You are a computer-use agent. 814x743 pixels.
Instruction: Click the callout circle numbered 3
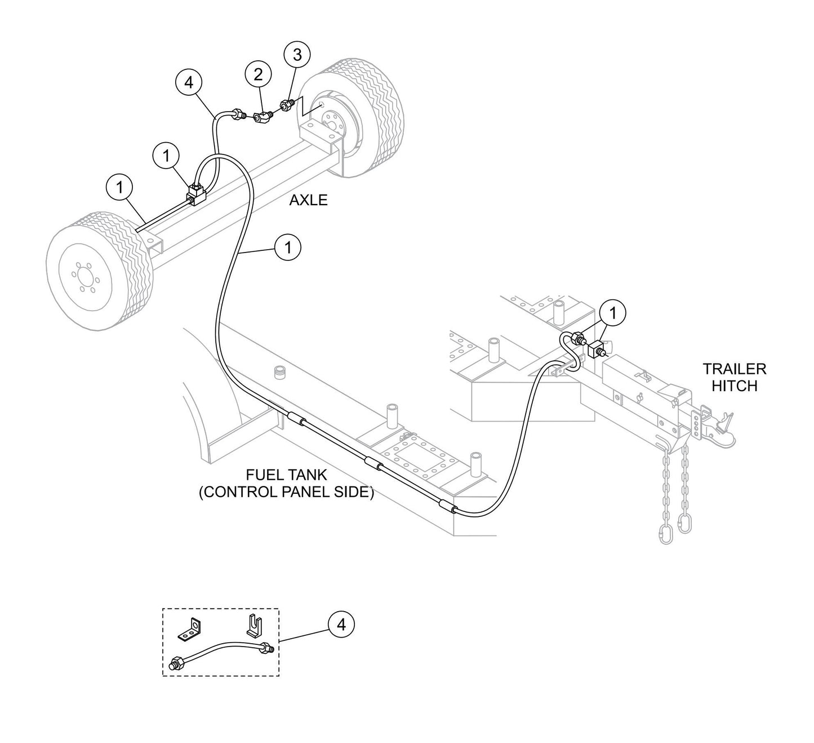tap(297, 55)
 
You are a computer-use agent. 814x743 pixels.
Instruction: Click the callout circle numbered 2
tap(258, 74)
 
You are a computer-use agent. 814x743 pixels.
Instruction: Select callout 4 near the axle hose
tap(189, 82)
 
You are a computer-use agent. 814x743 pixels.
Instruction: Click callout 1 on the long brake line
tap(288, 247)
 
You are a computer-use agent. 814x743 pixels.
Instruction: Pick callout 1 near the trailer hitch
tap(613, 312)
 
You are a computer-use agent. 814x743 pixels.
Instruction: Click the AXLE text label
tap(308, 200)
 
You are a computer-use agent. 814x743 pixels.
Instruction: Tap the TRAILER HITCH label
tap(734, 377)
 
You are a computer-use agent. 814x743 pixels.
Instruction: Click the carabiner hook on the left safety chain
tap(665, 533)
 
